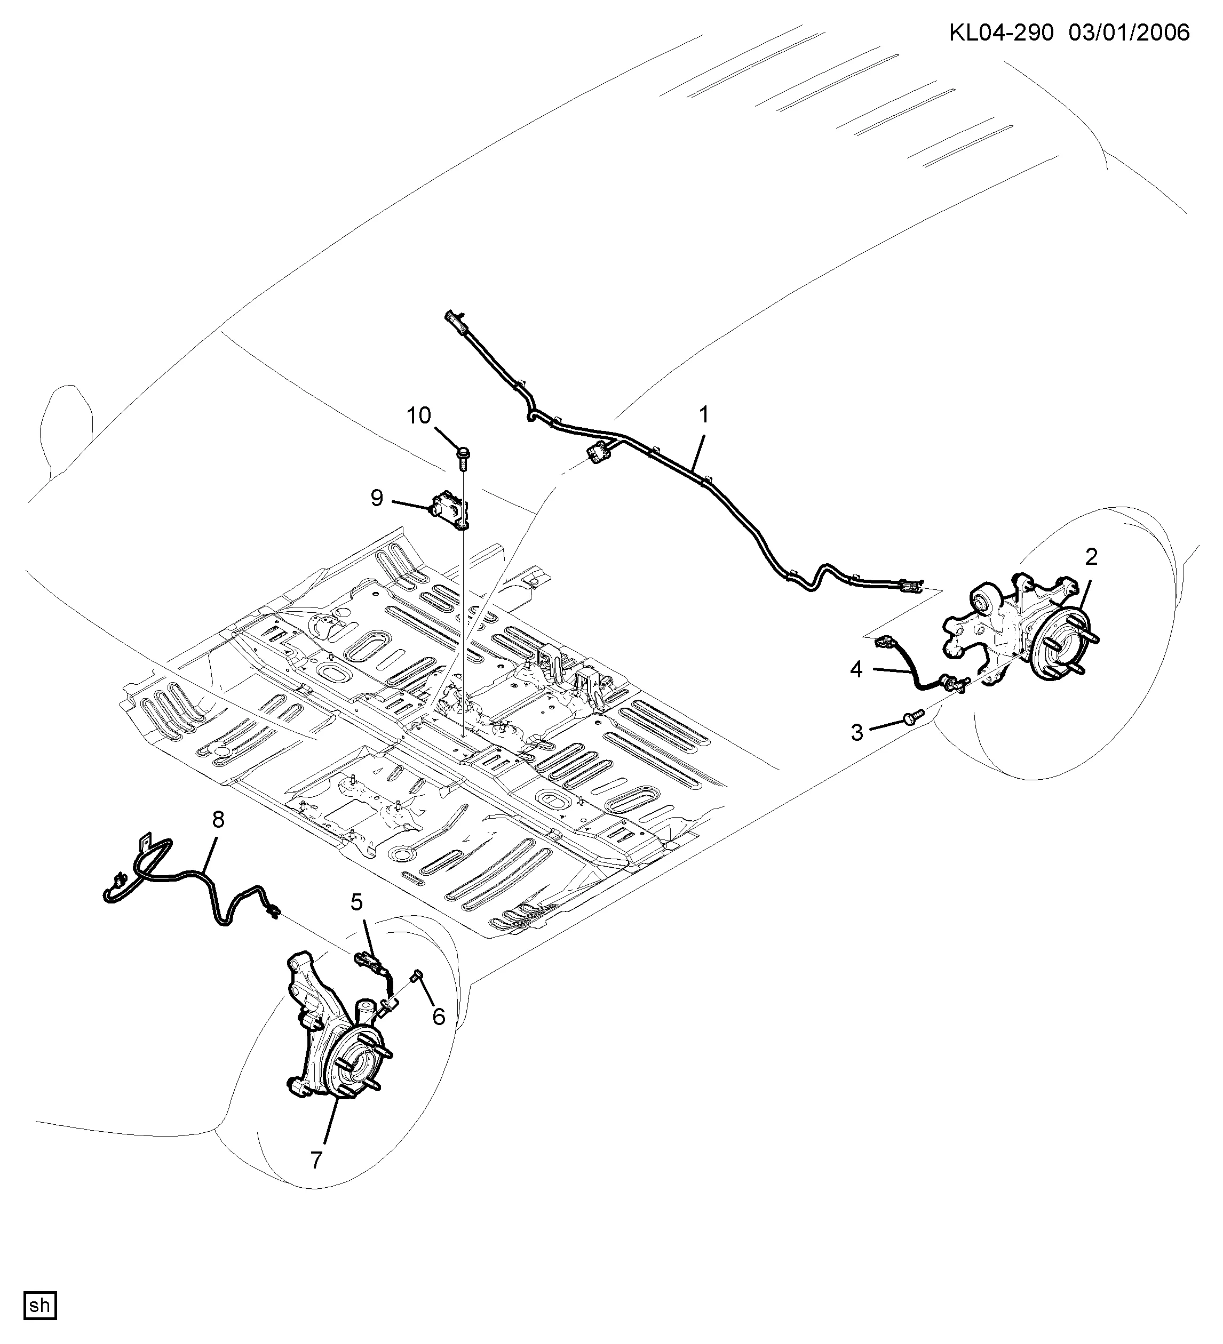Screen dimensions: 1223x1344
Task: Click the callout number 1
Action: point(703,415)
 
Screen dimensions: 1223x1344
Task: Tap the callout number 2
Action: point(1091,556)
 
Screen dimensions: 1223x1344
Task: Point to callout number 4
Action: point(856,669)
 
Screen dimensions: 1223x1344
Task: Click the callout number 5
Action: point(357,902)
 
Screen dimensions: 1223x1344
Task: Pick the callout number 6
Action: point(438,1017)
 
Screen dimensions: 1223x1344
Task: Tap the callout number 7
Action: point(316,1159)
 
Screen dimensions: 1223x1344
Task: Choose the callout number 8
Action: point(218,820)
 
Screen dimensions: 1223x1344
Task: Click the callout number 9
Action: point(377,497)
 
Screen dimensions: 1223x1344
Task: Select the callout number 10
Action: point(419,416)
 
